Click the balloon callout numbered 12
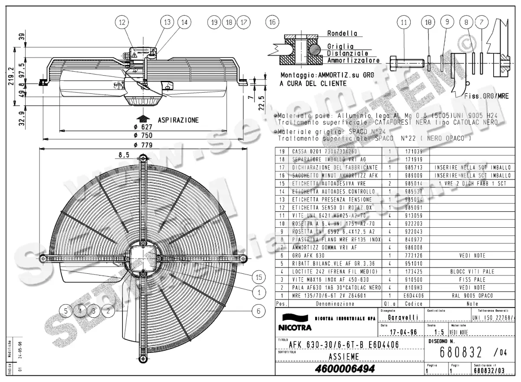(x=122, y=22)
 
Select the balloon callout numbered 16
(x=272, y=22)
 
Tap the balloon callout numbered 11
(x=404, y=22)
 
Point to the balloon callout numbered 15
(x=259, y=277)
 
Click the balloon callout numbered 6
(x=259, y=311)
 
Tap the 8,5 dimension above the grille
(x=123, y=155)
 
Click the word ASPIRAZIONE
(x=178, y=120)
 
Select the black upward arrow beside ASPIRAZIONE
(x=142, y=119)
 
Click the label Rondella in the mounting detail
(x=342, y=33)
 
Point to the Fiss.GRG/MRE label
(x=486, y=96)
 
